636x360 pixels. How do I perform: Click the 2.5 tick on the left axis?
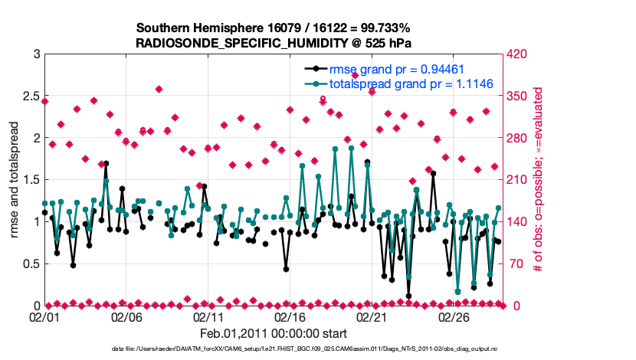point(29,97)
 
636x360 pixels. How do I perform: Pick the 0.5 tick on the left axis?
point(29,263)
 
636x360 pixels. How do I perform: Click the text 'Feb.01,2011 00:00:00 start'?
point(274,333)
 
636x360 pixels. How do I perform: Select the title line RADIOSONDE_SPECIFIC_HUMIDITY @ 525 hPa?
point(274,41)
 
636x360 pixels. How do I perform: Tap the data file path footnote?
point(274,349)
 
